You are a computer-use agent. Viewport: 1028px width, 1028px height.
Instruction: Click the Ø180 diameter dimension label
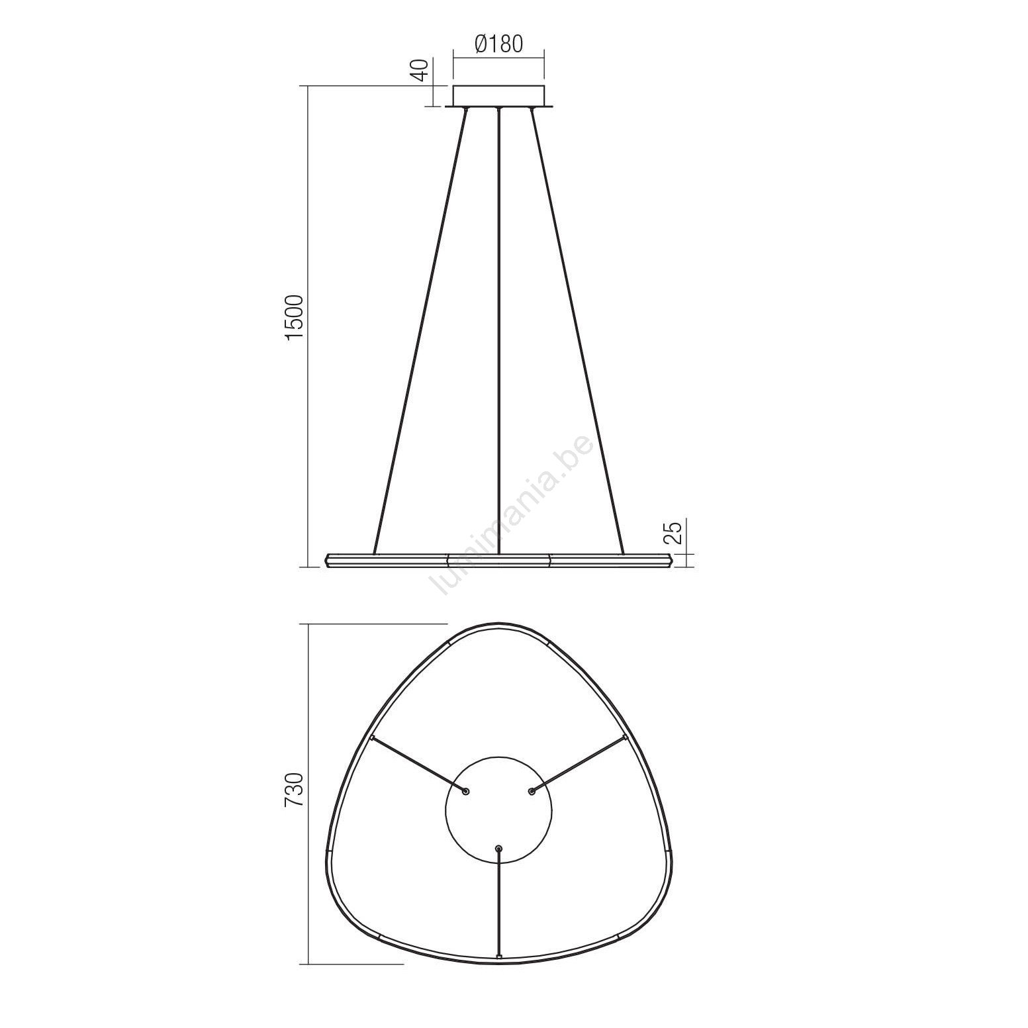[x=498, y=44]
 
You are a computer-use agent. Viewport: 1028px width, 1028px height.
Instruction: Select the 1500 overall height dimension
[x=294, y=318]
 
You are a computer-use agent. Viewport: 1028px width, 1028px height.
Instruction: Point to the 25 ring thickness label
[x=671, y=532]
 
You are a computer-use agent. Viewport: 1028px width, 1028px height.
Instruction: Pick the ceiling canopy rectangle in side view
[x=498, y=96]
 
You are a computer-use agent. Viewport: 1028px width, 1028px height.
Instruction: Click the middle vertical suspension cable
[x=498, y=331]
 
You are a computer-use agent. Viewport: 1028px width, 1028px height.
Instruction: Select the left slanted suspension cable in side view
[x=420, y=331]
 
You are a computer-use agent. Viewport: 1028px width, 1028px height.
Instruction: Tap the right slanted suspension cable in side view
[x=577, y=331]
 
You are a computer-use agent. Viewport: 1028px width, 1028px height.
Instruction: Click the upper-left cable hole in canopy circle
[x=465, y=791]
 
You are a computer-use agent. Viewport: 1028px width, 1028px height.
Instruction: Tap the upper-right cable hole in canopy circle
[x=532, y=791]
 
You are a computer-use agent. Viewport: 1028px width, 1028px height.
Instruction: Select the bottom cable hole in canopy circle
[x=498, y=848]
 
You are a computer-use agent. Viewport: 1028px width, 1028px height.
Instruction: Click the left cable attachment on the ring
[x=372, y=737]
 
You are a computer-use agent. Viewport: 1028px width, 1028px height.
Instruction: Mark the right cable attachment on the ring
[x=625, y=737]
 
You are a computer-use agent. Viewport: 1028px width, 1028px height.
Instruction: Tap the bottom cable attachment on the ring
[x=498, y=957]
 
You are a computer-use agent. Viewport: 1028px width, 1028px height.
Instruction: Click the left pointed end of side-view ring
[x=328, y=560]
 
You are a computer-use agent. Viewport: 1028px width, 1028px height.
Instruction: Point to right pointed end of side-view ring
[x=671, y=560]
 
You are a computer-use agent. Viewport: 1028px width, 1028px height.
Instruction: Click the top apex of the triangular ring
[x=498, y=626]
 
